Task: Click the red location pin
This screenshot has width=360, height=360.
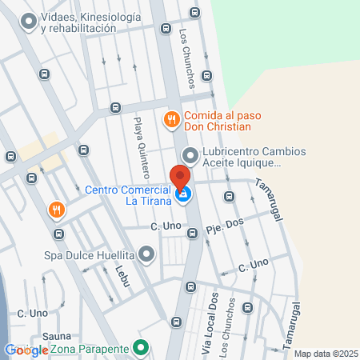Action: point(181,176)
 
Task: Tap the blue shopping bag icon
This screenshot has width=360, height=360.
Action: point(184,194)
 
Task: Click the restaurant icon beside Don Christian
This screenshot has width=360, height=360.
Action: point(170,120)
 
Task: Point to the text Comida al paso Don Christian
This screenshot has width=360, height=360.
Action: point(218,120)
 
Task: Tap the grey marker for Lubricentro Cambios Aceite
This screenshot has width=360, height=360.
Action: point(190,155)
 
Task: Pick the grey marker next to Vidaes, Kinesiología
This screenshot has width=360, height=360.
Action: point(30,22)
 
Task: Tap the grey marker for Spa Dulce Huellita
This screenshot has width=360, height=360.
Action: point(146,255)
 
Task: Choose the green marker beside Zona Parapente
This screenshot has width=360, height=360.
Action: point(141,349)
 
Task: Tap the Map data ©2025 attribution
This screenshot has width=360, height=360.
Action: point(325,354)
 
